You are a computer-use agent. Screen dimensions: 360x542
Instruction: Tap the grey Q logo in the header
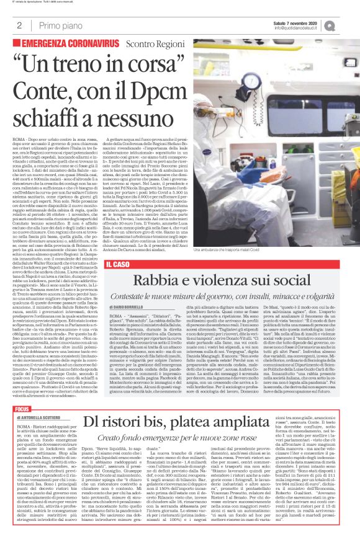pos(348,25)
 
